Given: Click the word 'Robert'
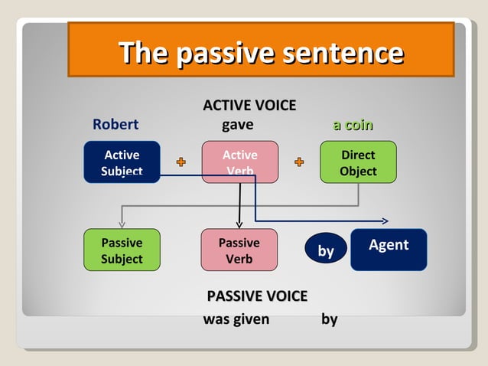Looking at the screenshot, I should pos(115,125).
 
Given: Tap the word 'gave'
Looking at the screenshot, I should pos(237,125).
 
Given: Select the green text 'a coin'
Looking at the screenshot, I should pos(353,125).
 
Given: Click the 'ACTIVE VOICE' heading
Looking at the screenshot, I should pos(249,106).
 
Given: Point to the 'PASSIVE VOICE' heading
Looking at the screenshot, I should pos(257,296).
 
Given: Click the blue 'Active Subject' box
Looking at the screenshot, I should pos(122,162).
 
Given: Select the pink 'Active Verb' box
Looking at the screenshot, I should pos(239,162).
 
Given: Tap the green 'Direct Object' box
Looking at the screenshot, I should pos(358,162).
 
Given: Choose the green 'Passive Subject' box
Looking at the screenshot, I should pos(122,250).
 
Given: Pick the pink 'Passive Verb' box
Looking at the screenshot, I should pos(239,250).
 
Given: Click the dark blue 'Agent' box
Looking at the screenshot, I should pos(389,250).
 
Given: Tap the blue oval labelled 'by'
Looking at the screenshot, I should pos(326,250).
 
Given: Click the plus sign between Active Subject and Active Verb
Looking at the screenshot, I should pos(181,162).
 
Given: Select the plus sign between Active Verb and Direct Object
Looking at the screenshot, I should pos(299,162).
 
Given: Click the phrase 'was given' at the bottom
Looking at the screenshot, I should pos(236,319).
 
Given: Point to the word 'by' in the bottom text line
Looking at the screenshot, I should pos(330,319).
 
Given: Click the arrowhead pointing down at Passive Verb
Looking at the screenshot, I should pos(239,224).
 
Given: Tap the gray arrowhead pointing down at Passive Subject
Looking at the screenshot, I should pos(122,224).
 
